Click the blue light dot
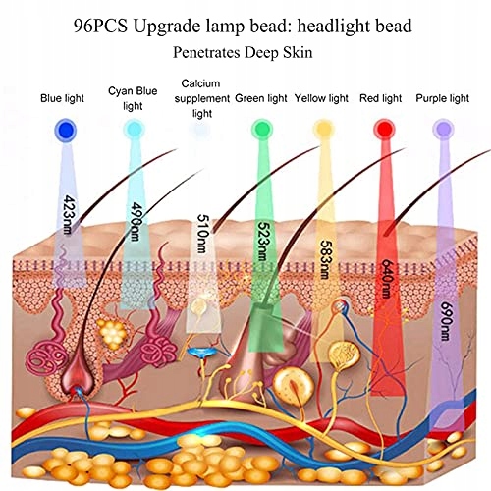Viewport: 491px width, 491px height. [x=66, y=131]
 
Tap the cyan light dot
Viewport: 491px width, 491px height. [x=134, y=130]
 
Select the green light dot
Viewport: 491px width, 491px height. [x=262, y=130]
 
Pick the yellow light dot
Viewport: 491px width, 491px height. [x=324, y=130]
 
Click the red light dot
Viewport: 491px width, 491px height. [x=384, y=130]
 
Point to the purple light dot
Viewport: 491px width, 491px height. [x=443, y=130]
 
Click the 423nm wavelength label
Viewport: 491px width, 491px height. [x=68, y=215]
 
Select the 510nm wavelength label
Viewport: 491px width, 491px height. [x=202, y=234]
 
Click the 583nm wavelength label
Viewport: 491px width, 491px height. [x=325, y=259]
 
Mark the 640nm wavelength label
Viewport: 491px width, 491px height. [x=387, y=279]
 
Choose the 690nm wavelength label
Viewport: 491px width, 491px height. [x=447, y=321]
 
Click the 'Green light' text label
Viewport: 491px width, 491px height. [x=261, y=98]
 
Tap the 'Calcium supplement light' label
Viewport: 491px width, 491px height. [x=202, y=98]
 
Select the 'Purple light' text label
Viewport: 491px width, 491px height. [x=442, y=98]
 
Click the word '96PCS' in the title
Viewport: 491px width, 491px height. [x=100, y=27]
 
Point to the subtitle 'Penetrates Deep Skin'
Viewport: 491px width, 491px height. [x=243, y=52]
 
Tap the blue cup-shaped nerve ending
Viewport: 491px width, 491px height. [x=202, y=353]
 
